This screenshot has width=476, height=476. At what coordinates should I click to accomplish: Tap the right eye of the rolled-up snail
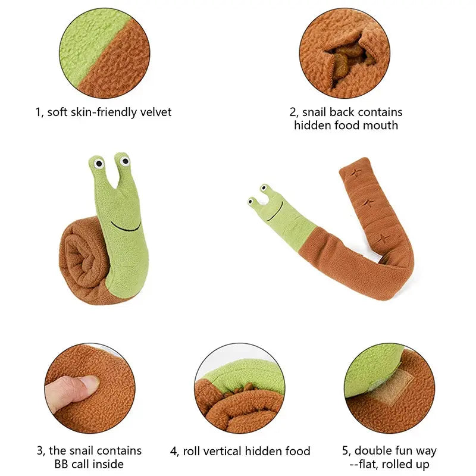(x=124, y=160)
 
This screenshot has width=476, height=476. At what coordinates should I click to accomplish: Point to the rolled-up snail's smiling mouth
(x=126, y=227)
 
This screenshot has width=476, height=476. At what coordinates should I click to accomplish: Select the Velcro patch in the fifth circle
(x=397, y=384)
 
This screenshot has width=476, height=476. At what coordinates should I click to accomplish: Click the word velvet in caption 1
(x=154, y=112)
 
